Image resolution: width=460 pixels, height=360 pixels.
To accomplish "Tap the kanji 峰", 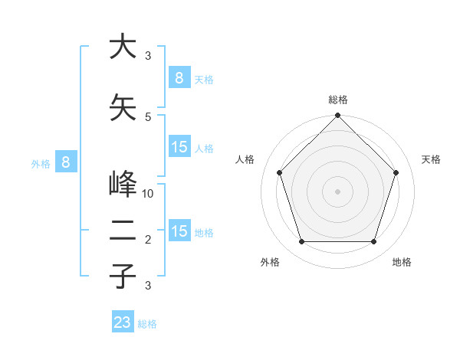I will pos(123,185).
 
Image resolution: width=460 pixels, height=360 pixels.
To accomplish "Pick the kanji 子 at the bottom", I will pos(123,277).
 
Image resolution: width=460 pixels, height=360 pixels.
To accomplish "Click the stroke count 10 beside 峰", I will pos(149,193).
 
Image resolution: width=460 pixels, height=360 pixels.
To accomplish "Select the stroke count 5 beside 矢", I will pos(148,116).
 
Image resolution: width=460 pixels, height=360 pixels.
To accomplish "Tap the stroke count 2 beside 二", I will pos(148,240).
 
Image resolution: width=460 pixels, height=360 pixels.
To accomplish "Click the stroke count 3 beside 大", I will pos(148,55).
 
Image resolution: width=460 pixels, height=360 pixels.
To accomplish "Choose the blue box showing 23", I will pos(123,322).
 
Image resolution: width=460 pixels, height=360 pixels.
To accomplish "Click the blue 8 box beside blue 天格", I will pos(179,77).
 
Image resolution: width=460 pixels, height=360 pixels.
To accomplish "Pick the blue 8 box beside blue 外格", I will pos(66,162).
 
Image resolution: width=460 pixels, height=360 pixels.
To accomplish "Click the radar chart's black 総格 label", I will pos(338,100).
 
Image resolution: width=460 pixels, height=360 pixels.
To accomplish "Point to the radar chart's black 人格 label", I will pos(245,159).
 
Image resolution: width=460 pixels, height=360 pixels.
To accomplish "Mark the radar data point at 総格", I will pos(337,116).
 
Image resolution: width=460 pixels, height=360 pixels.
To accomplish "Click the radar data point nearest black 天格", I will pos(396,172).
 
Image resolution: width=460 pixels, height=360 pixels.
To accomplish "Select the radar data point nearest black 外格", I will pos(301,242).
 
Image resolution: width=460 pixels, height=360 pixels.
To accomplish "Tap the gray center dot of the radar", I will pos(337,191).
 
